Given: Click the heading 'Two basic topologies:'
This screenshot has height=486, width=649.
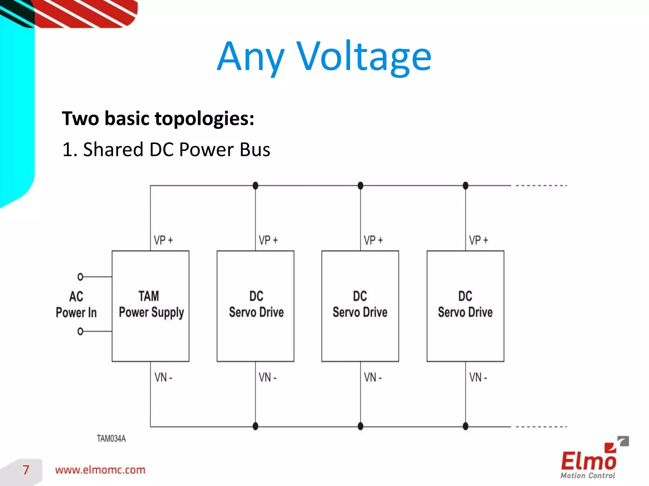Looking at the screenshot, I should pos(158,118).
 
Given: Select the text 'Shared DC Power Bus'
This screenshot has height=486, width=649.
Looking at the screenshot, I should pos(176,149).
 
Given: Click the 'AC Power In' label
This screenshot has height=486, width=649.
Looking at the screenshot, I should pos(76,304).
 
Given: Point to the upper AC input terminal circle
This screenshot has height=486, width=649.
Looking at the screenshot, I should pos(80,277).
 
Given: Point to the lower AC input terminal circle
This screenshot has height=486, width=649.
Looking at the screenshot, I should pos(80,331).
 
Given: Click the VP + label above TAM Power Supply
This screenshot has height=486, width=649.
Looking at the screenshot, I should pos(163,240).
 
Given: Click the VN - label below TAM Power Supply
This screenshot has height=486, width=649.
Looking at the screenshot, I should pos(163,377).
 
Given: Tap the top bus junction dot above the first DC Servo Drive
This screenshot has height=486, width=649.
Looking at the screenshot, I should pos(255,185).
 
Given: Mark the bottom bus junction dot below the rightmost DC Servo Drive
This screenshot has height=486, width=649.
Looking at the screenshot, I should pos(466,426).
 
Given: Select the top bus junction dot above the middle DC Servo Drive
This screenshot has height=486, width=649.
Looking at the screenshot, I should pos(360,185).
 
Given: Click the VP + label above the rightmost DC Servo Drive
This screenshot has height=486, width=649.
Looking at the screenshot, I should pos(479,240).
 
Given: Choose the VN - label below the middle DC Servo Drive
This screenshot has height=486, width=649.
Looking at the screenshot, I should pos(373,377).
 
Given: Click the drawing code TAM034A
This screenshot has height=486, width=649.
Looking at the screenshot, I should pos(111,439).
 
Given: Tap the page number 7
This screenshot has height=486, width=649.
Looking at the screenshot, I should pos(26,470).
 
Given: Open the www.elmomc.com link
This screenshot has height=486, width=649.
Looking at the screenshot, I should pos(100,470).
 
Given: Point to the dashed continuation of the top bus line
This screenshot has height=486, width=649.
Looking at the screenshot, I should pos(541,185).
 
